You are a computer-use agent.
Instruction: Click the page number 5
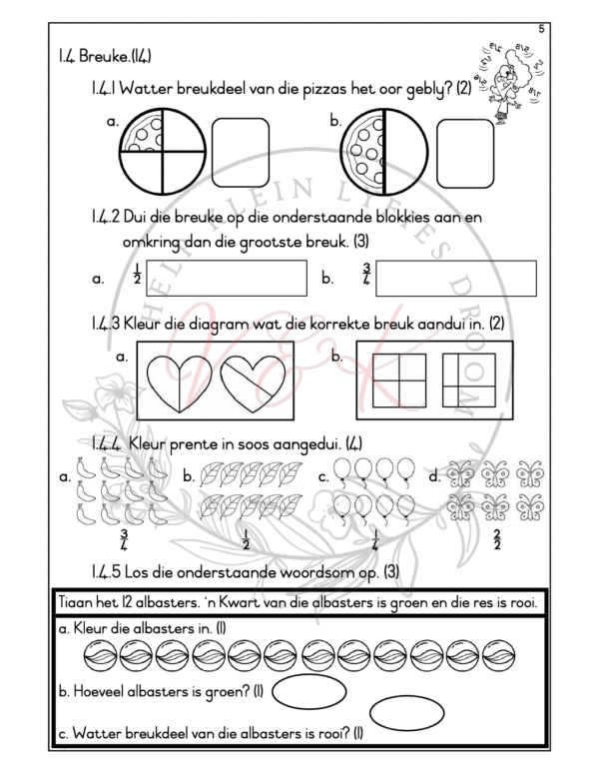tap(540, 30)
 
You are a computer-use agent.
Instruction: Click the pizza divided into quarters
tap(158, 151)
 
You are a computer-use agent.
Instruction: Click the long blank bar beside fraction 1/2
tap(226, 278)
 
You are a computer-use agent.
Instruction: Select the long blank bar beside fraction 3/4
tap(456, 278)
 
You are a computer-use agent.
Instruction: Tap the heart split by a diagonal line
tap(254, 385)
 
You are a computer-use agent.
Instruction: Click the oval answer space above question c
tap(406, 713)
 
